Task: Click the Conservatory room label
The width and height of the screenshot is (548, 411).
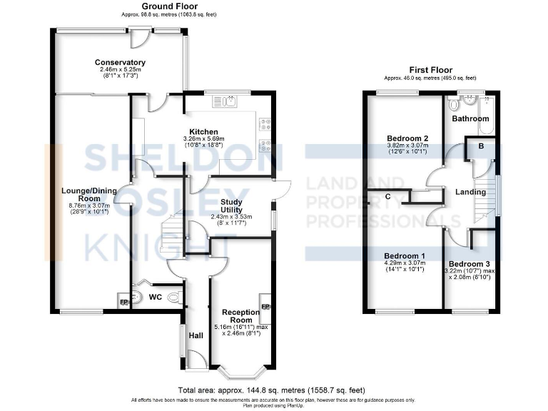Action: point(120,62)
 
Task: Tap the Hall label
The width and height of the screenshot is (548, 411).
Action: point(196,335)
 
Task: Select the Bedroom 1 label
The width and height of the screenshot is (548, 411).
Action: point(405,256)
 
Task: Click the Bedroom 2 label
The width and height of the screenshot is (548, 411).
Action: point(407,138)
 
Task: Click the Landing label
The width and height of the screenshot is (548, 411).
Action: point(470,192)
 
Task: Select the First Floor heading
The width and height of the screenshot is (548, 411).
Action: point(430,71)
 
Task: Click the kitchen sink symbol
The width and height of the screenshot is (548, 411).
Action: point(228,102)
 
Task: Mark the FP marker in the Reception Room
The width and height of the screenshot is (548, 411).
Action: point(265,307)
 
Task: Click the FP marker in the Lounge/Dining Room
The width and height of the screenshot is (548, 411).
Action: point(123,301)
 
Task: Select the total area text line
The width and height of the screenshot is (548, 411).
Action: point(271,390)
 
